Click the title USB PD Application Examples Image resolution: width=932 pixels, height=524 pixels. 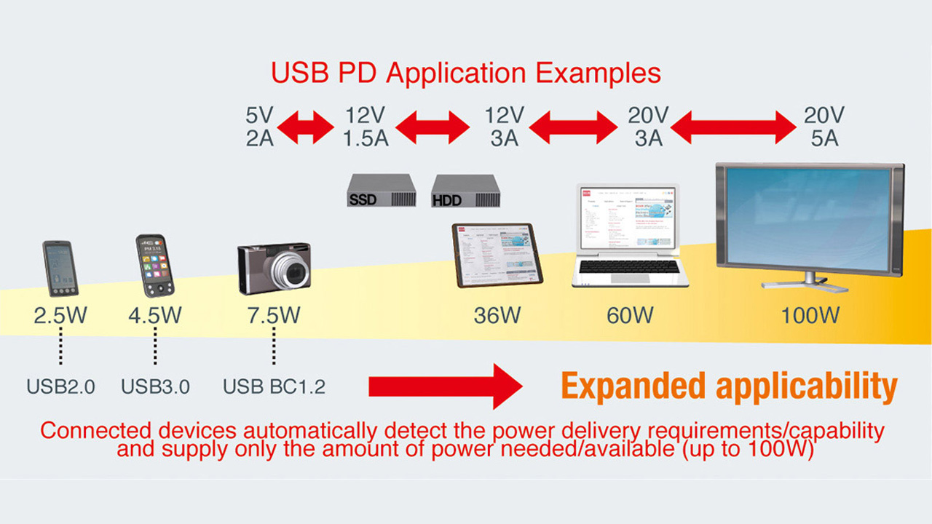[466, 74]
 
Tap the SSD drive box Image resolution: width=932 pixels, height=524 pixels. [382, 191]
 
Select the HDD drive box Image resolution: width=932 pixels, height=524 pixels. [467, 191]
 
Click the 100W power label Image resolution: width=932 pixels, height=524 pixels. [810, 316]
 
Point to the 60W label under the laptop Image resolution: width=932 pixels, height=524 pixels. [630, 316]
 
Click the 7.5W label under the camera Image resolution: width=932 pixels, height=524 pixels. [274, 316]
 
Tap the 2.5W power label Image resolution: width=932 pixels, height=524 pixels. [60, 316]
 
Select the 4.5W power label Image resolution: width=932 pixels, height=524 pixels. [155, 316]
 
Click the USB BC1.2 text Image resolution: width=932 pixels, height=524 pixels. [274, 386]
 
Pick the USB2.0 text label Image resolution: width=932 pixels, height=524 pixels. [60, 386]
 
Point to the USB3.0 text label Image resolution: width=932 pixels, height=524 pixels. [155, 386]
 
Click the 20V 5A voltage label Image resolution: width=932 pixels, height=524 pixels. [824, 127]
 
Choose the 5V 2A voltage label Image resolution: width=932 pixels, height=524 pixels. [260, 127]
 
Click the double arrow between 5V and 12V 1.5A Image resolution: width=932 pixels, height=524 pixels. [305, 127]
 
